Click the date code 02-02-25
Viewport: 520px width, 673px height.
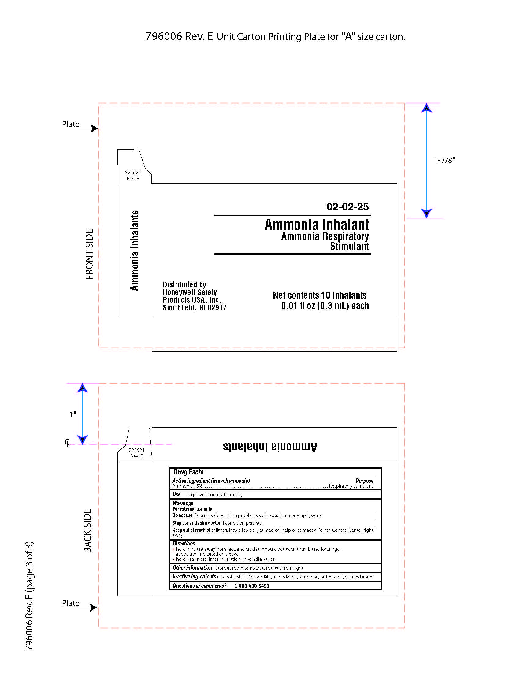pos(347,207)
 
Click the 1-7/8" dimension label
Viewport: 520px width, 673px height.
pos(444,160)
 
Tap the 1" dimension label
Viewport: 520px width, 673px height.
pos(73,415)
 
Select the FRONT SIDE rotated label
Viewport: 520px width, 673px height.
pos(89,254)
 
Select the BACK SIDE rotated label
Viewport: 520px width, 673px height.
pos(88,531)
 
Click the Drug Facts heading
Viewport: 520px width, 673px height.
pos(188,472)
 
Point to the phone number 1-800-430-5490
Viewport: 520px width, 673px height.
pos(252,586)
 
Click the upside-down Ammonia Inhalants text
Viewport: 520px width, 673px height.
pos(270,447)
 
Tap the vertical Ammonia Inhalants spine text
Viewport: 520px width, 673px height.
pos(135,251)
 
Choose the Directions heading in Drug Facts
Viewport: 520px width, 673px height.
pos(184,544)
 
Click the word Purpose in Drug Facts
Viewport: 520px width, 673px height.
pos(364,481)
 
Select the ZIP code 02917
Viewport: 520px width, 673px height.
pos(217,307)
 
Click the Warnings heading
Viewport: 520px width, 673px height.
pos(183,503)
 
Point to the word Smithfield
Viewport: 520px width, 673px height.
pos(179,307)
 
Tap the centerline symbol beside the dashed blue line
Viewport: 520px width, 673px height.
pos(68,443)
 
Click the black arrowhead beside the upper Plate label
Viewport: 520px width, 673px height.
pos(94,128)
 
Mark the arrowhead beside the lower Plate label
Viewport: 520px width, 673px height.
pos(93,607)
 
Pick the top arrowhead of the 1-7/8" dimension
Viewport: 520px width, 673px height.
pos(426,108)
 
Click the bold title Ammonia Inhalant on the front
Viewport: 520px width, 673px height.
pos(317,225)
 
